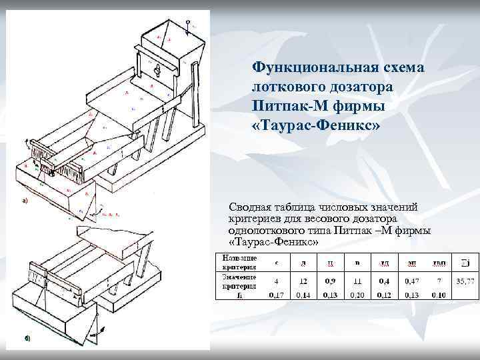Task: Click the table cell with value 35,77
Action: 465,282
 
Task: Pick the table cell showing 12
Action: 303,282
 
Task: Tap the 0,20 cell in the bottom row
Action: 357,294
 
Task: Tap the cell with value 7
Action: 439,282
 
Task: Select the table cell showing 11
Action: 357,282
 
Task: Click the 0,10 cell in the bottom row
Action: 439,294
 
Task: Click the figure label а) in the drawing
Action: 26,200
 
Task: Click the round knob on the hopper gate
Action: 157,69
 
